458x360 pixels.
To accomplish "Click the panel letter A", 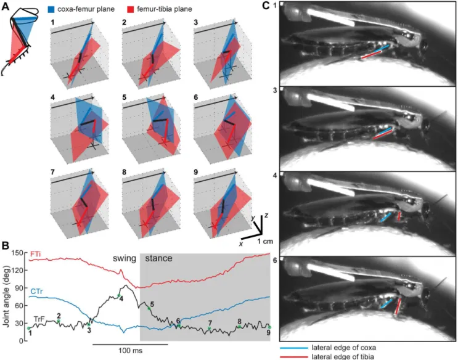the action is [6, 6].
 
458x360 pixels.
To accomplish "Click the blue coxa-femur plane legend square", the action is [51, 9].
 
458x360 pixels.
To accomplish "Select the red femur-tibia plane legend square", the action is [131, 9].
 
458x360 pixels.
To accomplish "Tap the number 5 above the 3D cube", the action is [124, 97].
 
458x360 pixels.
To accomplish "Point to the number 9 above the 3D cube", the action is [195, 172].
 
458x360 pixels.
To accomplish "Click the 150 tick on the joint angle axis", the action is [21, 253].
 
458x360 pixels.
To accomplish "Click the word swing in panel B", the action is [125, 259].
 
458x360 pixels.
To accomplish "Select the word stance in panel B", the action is [158, 258].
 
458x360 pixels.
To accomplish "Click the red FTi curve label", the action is [35, 254].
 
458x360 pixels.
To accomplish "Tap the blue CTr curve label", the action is [36, 292].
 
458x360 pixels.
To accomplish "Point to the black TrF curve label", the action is [39, 319].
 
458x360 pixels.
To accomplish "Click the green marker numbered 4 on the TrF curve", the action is [119, 295].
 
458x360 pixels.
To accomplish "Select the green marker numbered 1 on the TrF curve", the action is [28, 328].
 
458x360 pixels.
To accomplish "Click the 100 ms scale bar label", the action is [131, 350].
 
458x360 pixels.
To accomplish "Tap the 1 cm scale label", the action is [265, 242].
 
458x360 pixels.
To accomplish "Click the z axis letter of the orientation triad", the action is [266, 215].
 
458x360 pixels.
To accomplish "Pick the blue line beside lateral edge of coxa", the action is [294, 348].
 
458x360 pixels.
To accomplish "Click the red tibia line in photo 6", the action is [398, 306].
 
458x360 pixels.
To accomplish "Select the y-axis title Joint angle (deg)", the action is [6, 297].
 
